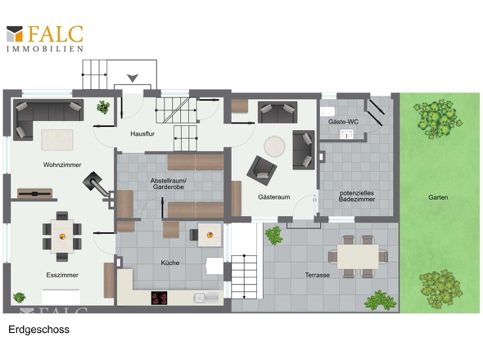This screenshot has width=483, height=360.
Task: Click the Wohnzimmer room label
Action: [62, 164]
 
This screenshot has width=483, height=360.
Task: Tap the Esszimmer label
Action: [62, 275]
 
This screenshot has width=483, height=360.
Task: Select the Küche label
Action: [170, 263]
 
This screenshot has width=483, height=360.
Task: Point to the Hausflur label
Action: [142, 133]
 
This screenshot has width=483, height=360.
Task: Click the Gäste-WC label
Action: [343, 122]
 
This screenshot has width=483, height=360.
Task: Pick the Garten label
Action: [438, 197]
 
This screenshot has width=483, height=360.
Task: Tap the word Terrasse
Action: [318, 275]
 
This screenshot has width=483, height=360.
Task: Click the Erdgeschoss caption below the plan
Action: [38, 330]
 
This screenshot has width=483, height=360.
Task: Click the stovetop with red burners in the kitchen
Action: [159, 298]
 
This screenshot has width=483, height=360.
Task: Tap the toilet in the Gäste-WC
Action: [327, 111]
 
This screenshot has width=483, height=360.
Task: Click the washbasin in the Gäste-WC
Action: [346, 134]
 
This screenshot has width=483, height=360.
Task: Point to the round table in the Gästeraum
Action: [274, 146]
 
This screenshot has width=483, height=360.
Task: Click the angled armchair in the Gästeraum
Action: [262, 170]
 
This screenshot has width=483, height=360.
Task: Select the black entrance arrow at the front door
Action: [133, 79]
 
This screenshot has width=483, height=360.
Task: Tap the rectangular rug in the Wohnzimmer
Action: [57, 140]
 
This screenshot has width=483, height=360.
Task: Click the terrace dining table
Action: [358, 257]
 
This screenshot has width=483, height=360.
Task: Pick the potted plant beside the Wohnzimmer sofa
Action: [103, 107]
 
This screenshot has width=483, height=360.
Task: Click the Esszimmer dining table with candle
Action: [62, 236]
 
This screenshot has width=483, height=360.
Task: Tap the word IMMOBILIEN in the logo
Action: [45, 48]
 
